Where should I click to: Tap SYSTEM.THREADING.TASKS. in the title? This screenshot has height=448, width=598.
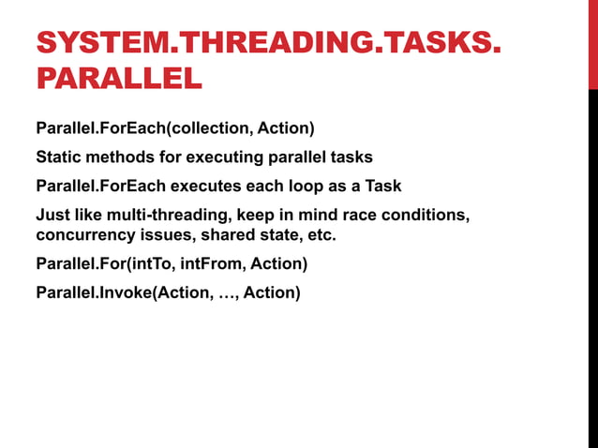[262, 43]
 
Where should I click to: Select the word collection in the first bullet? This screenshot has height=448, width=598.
[208, 127]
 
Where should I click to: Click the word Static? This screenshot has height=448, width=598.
[57, 157]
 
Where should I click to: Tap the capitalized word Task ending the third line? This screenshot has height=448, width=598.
[382, 186]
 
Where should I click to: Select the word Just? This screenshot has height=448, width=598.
[52, 216]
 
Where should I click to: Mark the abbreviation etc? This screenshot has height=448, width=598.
[321, 234]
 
